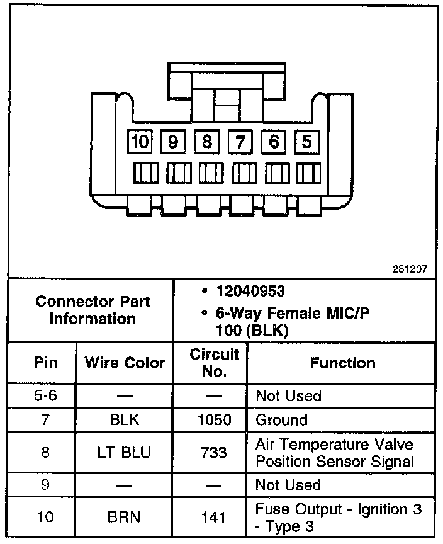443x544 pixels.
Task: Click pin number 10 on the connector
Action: [x=140, y=142]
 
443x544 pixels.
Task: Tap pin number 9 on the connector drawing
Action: [x=172, y=142]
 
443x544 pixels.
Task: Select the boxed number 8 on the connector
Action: [x=206, y=142]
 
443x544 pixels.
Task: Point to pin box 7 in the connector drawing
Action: [x=239, y=142]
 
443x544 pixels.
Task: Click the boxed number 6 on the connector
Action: [x=272, y=142]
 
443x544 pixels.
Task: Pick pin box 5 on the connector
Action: [x=306, y=142]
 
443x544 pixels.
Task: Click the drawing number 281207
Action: [x=410, y=268]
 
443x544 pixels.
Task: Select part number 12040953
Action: [x=250, y=292]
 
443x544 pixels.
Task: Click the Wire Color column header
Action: [x=125, y=363]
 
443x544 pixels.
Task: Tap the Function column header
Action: [x=342, y=363]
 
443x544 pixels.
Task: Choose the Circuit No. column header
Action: [x=215, y=363]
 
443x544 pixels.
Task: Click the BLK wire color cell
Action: [x=125, y=420]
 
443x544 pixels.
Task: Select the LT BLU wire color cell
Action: [x=125, y=452]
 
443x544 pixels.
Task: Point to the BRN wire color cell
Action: [x=125, y=517]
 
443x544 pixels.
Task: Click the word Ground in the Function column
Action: [x=281, y=420]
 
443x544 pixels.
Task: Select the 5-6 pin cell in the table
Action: [x=45, y=396]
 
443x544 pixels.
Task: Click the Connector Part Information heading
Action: [x=93, y=310]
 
